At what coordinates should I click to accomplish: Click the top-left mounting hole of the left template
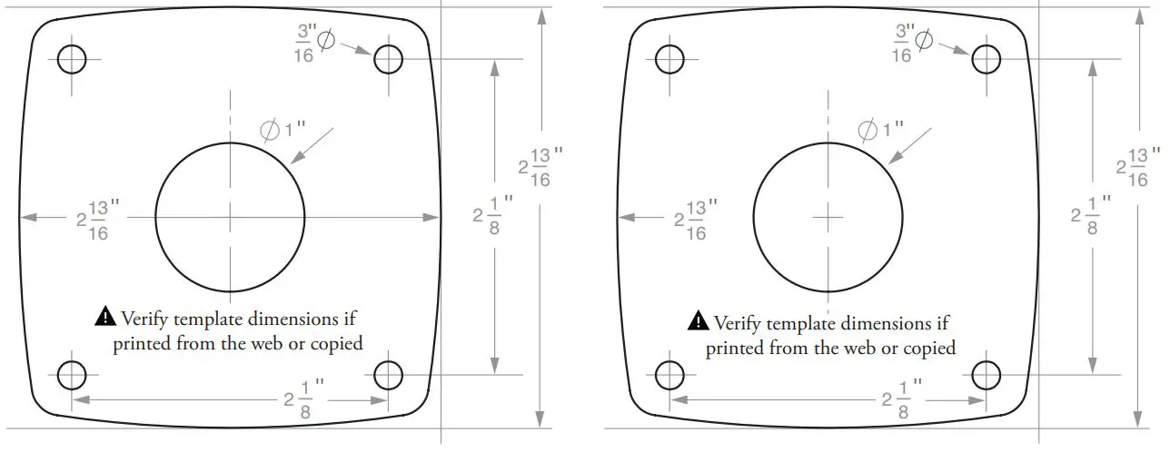pyautogui.click(x=72, y=59)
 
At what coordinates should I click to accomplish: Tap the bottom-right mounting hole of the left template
pyautogui.click(x=388, y=374)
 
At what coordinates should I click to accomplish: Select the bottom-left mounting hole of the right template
pyautogui.click(x=669, y=374)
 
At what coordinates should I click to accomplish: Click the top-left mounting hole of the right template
pyautogui.click(x=669, y=59)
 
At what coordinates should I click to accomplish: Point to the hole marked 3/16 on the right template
pyautogui.click(x=986, y=59)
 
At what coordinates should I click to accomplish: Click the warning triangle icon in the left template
pyautogui.click(x=105, y=317)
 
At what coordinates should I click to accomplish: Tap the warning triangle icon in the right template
pyautogui.click(x=698, y=320)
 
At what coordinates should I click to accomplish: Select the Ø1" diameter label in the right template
pyautogui.click(x=881, y=130)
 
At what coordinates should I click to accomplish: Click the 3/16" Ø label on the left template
pyautogui.click(x=314, y=43)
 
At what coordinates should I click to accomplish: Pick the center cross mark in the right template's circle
pyautogui.click(x=828, y=217)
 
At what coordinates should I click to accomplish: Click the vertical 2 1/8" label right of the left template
pyautogui.click(x=491, y=215)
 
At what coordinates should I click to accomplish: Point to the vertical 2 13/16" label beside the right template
pyautogui.click(x=1135, y=167)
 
